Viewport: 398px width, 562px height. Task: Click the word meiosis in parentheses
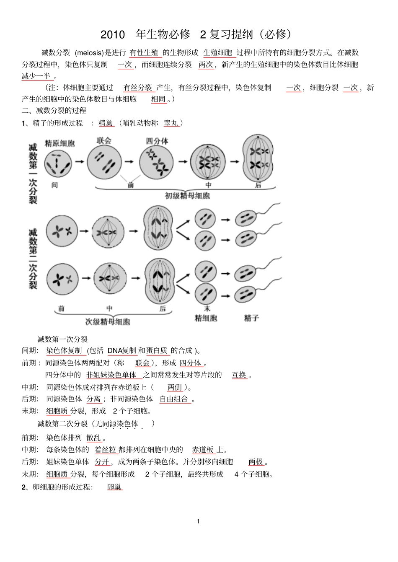click(89, 53)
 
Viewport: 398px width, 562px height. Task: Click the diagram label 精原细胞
click(59, 143)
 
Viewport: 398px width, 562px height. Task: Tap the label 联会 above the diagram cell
click(104, 140)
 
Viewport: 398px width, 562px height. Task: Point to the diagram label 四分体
click(157, 141)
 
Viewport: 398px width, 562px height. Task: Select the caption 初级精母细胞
click(187, 196)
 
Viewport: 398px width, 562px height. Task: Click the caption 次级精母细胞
click(108, 321)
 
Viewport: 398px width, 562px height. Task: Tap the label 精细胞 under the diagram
click(206, 318)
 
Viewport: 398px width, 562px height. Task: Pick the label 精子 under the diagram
click(251, 318)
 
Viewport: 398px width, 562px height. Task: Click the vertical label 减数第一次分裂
click(33, 173)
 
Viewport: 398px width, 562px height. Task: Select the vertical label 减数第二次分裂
click(33, 258)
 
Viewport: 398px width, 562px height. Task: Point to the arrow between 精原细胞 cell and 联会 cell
click(79, 161)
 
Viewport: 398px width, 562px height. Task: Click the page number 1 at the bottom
click(198, 521)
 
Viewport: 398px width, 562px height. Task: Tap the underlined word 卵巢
click(114, 487)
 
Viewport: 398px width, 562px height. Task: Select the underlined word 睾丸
click(171, 123)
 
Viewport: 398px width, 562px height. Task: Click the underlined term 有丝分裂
click(138, 88)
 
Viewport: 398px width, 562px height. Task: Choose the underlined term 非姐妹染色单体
click(111, 375)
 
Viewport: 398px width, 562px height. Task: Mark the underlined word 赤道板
click(203, 450)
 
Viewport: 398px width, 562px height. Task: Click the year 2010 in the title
click(113, 34)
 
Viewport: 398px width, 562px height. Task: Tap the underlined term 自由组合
click(174, 399)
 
